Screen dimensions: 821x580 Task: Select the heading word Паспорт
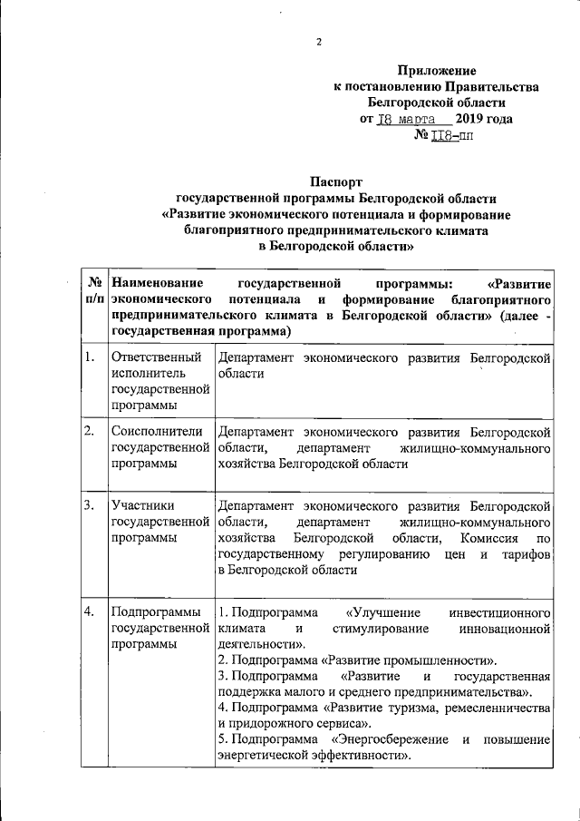tap(337, 181)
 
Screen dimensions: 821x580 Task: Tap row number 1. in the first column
tap(90, 357)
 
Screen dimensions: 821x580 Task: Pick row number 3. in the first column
tap(90, 505)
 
